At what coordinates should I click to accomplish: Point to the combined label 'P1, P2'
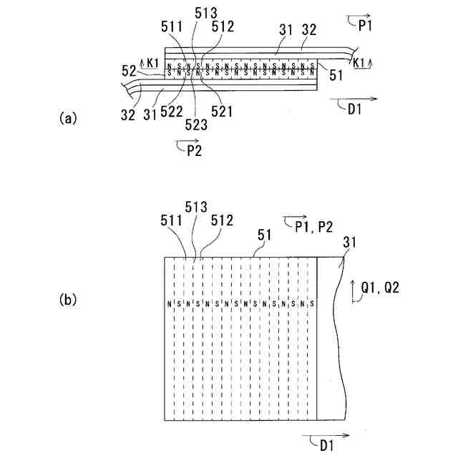[x=313, y=226]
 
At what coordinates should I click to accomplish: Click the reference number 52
[x=128, y=71]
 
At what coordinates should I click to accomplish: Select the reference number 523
[x=197, y=124]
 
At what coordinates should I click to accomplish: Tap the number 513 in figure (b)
[x=196, y=207]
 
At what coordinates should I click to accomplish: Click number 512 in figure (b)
[x=221, y=221]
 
